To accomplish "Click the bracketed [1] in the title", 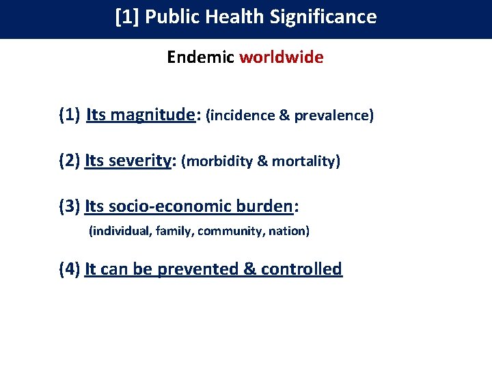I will pos(127,16).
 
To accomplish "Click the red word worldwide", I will pos(281,57).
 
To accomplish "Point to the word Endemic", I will pos(201,57).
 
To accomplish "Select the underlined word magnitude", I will pos(152,115).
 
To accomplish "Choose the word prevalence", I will pos(334,116).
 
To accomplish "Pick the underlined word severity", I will pos(142,161).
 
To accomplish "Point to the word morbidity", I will pos(219,162).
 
